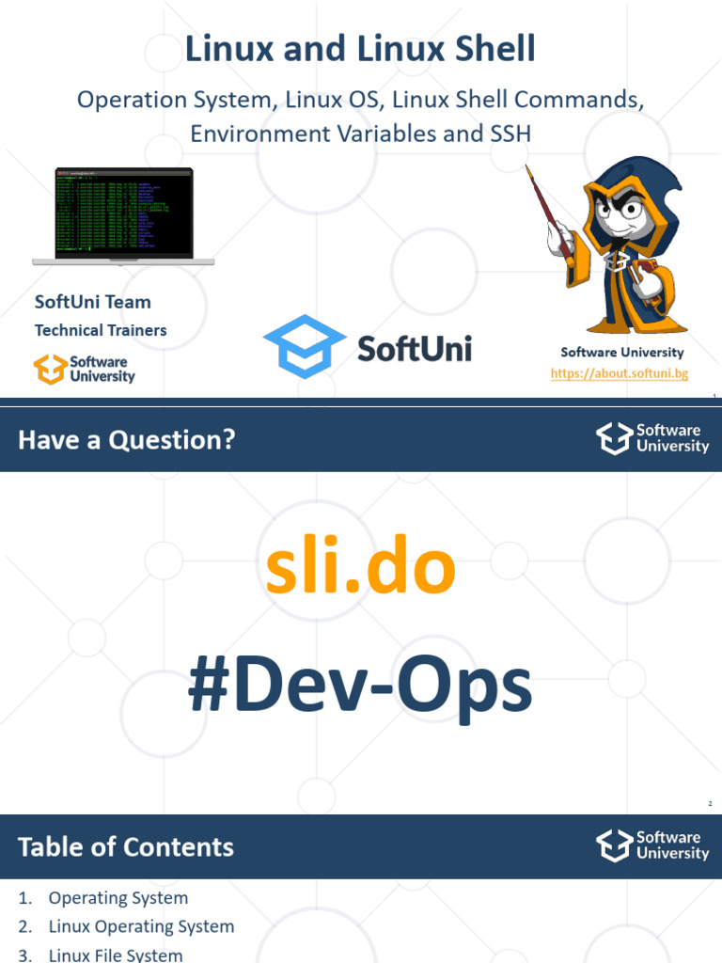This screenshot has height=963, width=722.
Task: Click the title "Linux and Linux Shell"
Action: click(x=360, y=48)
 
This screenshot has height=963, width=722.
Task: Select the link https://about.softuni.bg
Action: click(x=620, y=373)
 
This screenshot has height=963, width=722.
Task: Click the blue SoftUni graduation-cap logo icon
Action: click(x=304, y=347)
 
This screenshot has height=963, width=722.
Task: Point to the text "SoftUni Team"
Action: click(x=92, y=302)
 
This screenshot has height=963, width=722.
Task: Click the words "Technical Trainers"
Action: click(x=101, y=330)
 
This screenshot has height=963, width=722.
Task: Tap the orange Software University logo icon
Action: click(x=49, y=369)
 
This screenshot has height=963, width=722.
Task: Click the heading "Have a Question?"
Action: click(x=126, y=438)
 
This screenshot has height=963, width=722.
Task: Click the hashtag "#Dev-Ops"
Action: click(x=360, y=687)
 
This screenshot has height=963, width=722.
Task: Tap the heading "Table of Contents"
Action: click(x=126, y=846)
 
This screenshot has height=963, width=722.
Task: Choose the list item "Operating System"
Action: click(x=118, y=898)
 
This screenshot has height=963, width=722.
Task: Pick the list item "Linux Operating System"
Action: click(x=141, y=926)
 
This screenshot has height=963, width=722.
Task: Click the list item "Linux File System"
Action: click(x=116, y=955)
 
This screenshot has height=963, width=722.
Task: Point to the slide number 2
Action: click(x=710, y=803)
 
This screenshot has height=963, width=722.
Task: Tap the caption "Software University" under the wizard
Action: click(x=622, y=353)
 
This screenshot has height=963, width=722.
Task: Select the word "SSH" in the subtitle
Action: click(x=510, y=134)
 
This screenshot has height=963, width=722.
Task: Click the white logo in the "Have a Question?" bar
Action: click(x=613, y=438)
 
